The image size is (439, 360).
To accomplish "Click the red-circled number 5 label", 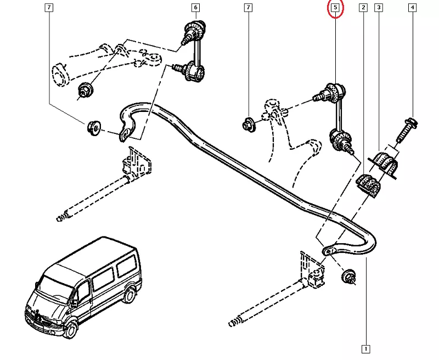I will point(335,8).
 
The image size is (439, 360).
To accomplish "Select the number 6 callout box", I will point(195,8).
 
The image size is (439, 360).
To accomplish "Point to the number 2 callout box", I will point(363,8).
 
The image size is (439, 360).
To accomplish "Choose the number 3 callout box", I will point(379,8).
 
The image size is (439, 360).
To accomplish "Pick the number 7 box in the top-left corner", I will point(49,8).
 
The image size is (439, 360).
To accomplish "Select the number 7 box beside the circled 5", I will point(249,8).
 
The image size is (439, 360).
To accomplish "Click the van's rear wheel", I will point(129,296).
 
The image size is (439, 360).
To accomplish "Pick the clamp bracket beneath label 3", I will point(385,162).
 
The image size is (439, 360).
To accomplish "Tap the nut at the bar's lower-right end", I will point(347,276).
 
